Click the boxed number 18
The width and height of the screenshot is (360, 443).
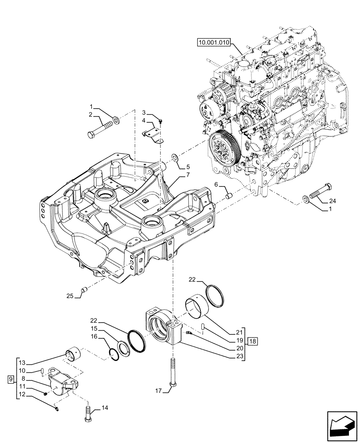tap(252, 341)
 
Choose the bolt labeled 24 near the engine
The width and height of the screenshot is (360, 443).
tap(318, 192)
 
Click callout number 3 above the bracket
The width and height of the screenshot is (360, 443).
tap(144, 112)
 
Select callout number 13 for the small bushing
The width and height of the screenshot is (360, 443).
tap(23, 362)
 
